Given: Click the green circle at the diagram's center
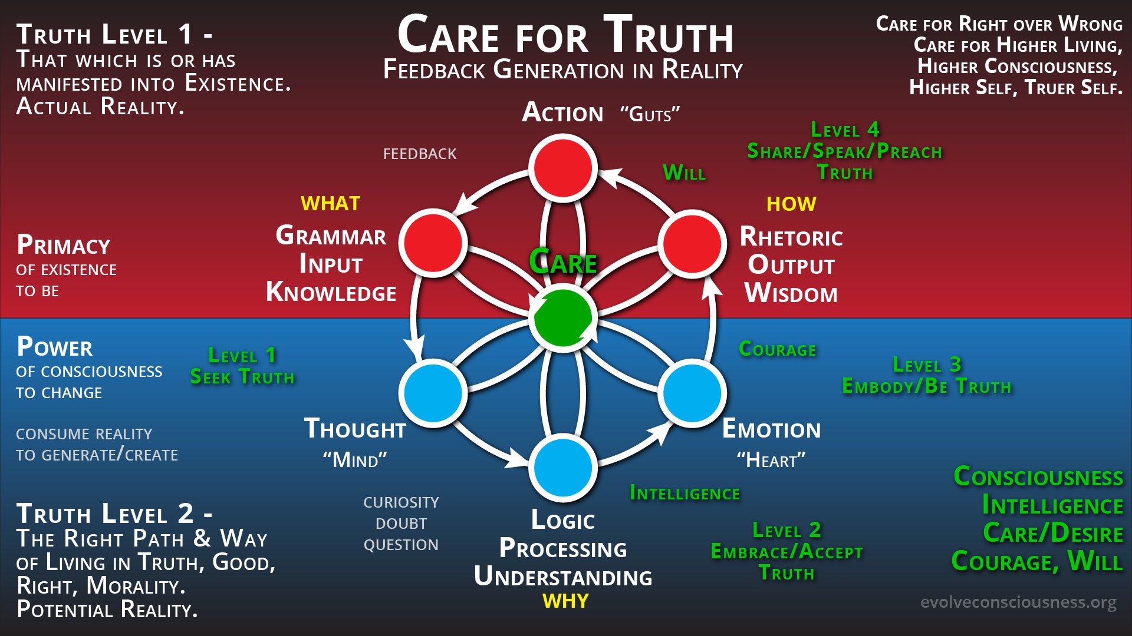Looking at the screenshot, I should pyautogui.click(x=563, y=318).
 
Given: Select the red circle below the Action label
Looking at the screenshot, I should pyautogui.click(x=563, y=168).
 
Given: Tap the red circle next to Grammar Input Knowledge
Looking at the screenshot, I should pyautogui.click(x=433, y=243).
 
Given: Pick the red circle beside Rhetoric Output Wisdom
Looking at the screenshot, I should pyautogui.click(x=692, y=243).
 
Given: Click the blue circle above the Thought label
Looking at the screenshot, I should pyautogui.click(x=433, y=392).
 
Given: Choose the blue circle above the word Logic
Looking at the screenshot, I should pyautogui.click(x=563, y=468).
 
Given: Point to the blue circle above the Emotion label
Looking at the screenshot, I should pyautogui.click(x=692, y=393).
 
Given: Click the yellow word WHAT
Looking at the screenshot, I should pyautogui.click(x=330, y=204).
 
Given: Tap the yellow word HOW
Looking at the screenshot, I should pyautogui.click(x=791, y=204).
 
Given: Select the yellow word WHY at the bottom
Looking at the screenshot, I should pyautogui.click(x=565, y=601).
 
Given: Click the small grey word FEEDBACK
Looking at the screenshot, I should pyautogui.click(x=420, y=154).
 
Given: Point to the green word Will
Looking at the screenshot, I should pyautogui.click(x=684, y=173).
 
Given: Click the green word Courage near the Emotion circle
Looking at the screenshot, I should pyautogui.click(x=778, y=349).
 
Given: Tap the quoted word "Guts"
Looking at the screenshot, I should pyautogui.click(x=650, y=114).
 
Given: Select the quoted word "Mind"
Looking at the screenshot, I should pyautogui.click(x=355, y=459).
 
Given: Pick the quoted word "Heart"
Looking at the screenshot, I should pyautogui.click(x=771, y=460).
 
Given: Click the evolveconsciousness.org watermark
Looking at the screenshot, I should pyautogui.click(x=1018, y=602).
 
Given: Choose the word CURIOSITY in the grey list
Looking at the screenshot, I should pyautogui.click(x=401, y=502).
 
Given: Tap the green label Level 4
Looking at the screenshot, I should pyautogui.click(x=845, y=130).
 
